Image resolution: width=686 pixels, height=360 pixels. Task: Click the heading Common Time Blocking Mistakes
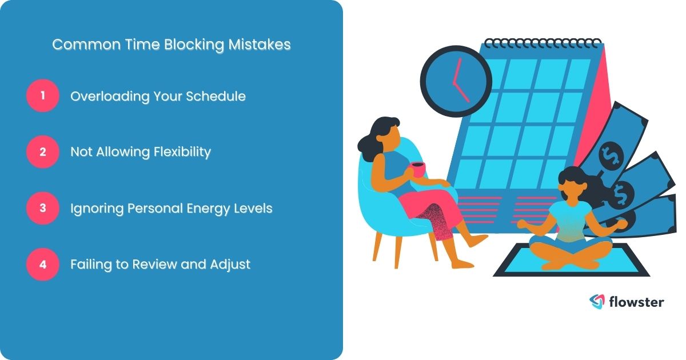pos(171,45)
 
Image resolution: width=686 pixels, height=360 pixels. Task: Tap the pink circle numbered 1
pos(42,96)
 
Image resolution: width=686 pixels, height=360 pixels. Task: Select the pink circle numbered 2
pos(42,152)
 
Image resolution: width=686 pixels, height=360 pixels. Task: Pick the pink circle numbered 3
pos(42,208)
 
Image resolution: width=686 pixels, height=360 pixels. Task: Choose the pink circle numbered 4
pos(42,265)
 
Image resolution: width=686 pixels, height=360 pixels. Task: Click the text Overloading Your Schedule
pos(158,97)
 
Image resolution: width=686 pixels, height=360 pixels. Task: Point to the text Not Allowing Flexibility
pos(141,152)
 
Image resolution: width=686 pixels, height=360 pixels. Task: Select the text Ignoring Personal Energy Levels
pos(171,208)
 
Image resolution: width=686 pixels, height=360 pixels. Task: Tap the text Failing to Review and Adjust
pos(160,265)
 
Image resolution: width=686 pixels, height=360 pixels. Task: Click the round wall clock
pos(456,81)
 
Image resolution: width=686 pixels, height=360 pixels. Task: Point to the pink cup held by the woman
pos(418,169)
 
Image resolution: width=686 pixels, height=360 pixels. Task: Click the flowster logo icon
pos(597,302)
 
